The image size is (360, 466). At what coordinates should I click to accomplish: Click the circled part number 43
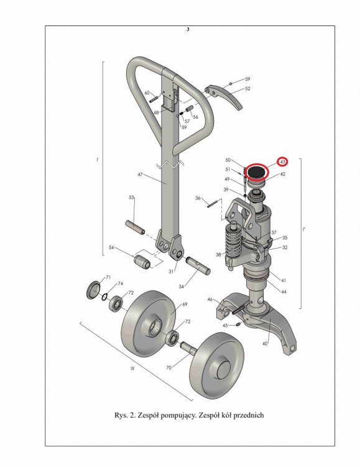(x=282, y=162)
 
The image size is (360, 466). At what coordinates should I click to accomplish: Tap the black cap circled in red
(x=256, y=172)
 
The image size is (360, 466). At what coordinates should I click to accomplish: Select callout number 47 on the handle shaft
(x=140, y=175)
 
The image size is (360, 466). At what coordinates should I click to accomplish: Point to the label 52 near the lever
(x=247, y=89)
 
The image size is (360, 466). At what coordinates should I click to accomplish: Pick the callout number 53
(x=131, y=198)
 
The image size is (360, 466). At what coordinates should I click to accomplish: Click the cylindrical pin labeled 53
(x=135, y=227)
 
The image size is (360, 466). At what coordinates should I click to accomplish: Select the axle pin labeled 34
(x=198, y=265)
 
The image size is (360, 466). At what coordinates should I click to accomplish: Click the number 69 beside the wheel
(x=185, y=304)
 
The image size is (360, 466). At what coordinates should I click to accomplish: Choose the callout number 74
(x=120, y=283)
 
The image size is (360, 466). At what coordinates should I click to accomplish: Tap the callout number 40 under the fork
(x=264, y=344)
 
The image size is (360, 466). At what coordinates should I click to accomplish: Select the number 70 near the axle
(x=168, y=368)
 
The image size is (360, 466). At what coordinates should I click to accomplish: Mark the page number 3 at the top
(x=188, y=29)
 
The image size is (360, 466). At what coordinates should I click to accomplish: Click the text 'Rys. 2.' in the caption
(x=125, y=415)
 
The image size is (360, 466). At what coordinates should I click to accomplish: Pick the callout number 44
(x=284, y=292)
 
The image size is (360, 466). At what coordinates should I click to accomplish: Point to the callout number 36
(x=198, y=198)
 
